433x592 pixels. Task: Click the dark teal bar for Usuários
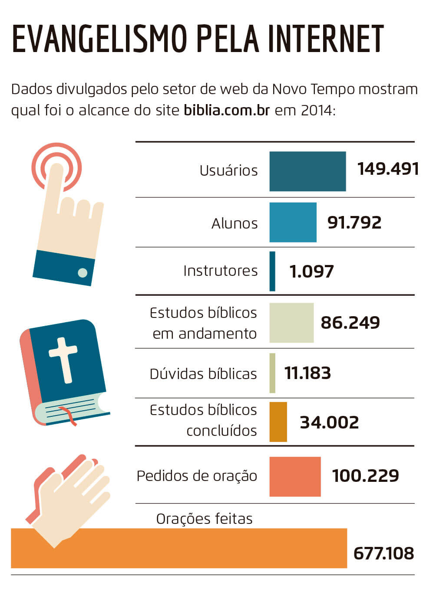(307, 171)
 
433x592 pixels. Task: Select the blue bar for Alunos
(293, 222)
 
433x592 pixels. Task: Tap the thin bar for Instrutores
(272, 271)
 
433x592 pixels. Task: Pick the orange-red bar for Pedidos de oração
(295, 476)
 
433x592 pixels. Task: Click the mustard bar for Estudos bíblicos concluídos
(278, 422)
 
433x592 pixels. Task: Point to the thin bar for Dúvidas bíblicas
(272, 373)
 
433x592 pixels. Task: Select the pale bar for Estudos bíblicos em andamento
(291, 323)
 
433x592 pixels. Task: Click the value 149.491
(388, 169)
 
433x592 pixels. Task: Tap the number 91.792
(354, 222)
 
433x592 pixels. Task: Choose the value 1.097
(311, 271)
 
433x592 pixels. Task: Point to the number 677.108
(383, 553)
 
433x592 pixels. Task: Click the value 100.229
(365, 476)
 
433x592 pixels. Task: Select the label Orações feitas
(204, 519)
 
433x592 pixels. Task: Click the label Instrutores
(220, 271)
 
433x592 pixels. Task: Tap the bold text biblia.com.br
(227, 110)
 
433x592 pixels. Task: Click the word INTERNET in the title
(325, 39)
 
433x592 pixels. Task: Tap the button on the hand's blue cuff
(82, 272)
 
